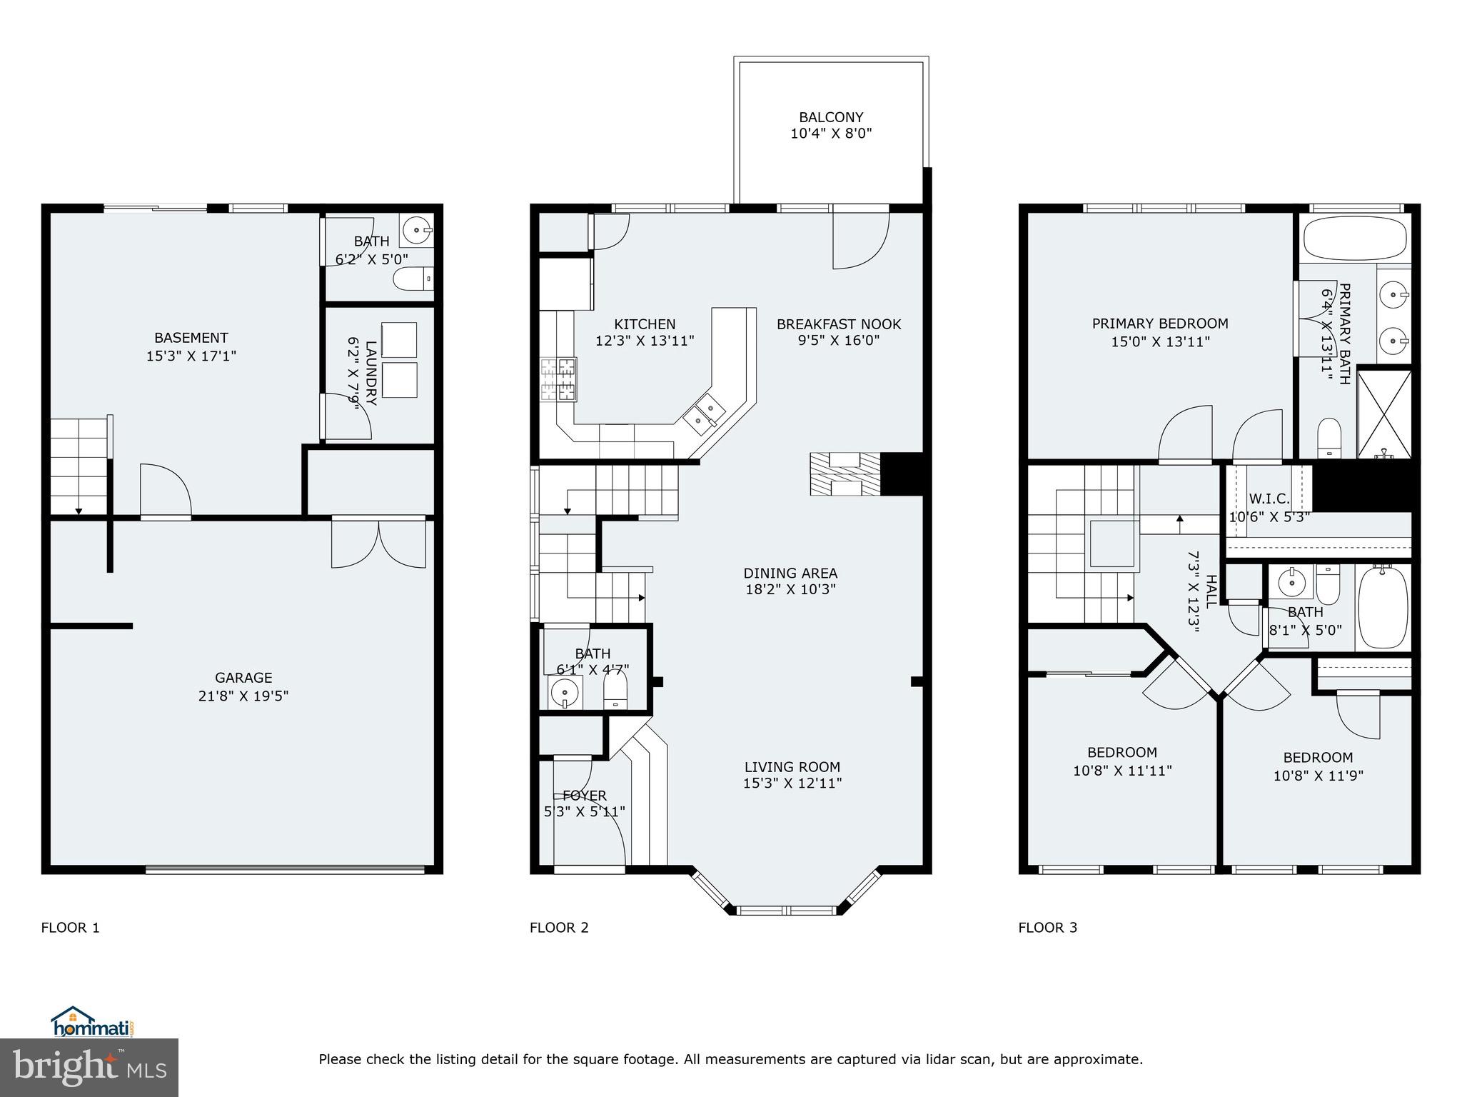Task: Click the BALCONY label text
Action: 831,117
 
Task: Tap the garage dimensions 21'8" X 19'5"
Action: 243,696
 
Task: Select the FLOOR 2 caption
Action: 559,928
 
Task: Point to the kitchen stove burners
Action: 558,379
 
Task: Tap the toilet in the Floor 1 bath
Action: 414,279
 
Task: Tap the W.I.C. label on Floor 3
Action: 1269,499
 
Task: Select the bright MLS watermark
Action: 89,1068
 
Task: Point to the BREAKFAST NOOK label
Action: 839,324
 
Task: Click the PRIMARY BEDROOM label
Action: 1160,324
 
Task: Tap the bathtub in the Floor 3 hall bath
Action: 1382,607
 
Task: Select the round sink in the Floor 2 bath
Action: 565,692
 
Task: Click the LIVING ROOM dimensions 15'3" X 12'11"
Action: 792,783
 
